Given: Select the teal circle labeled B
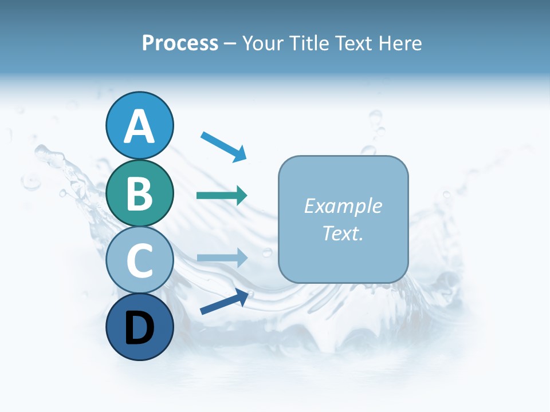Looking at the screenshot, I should tap(140, 193).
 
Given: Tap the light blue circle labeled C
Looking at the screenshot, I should tap(140, 260).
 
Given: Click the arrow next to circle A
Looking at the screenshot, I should tap(223, 146).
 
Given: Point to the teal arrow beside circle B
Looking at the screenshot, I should tap(222, 195).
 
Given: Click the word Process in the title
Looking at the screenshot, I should tap(180, 43).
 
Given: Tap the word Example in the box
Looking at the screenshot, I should tap(343, 206).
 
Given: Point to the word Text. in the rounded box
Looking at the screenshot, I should tap(343, 233).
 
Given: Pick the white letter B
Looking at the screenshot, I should tap(140, 193).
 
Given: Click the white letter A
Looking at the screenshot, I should tap(140, 126).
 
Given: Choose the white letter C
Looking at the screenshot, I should tap(140, 260).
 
